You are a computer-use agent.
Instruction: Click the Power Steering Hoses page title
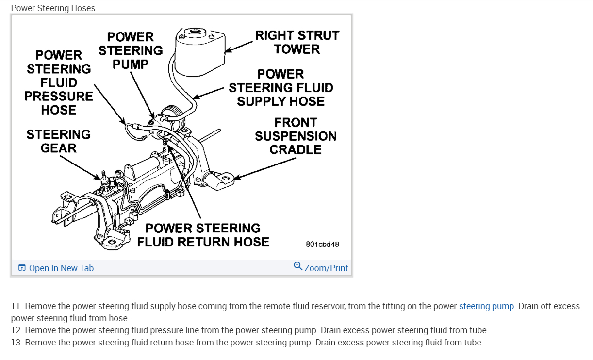(x=53, y=8)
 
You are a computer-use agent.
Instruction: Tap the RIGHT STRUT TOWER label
(x=297, y=42)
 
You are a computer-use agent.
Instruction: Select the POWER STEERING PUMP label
(x=131, y=50)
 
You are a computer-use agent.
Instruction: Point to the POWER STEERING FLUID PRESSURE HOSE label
(x=59, y=82)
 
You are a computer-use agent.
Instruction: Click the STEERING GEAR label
(x=58, y=141)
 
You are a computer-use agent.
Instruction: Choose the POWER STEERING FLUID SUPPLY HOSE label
(x=280, y=88)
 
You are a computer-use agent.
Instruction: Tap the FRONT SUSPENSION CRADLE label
(x=296, y=136)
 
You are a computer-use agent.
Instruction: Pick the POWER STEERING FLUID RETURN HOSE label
(x=203, y=235)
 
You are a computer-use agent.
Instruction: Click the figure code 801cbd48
(x=322, y=244)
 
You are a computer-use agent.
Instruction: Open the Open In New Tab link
(x=61, y=268)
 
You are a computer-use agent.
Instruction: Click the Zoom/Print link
(x=326, y=268)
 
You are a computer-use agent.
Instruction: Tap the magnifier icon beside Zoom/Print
(x=298, y=266)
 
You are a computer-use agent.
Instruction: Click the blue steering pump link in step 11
(x=486, y=306)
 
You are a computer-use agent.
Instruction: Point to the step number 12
(x=16, y=330)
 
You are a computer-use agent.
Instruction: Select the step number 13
(x=16, y=343)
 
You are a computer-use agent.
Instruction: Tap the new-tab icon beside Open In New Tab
(x=22, y=268)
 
